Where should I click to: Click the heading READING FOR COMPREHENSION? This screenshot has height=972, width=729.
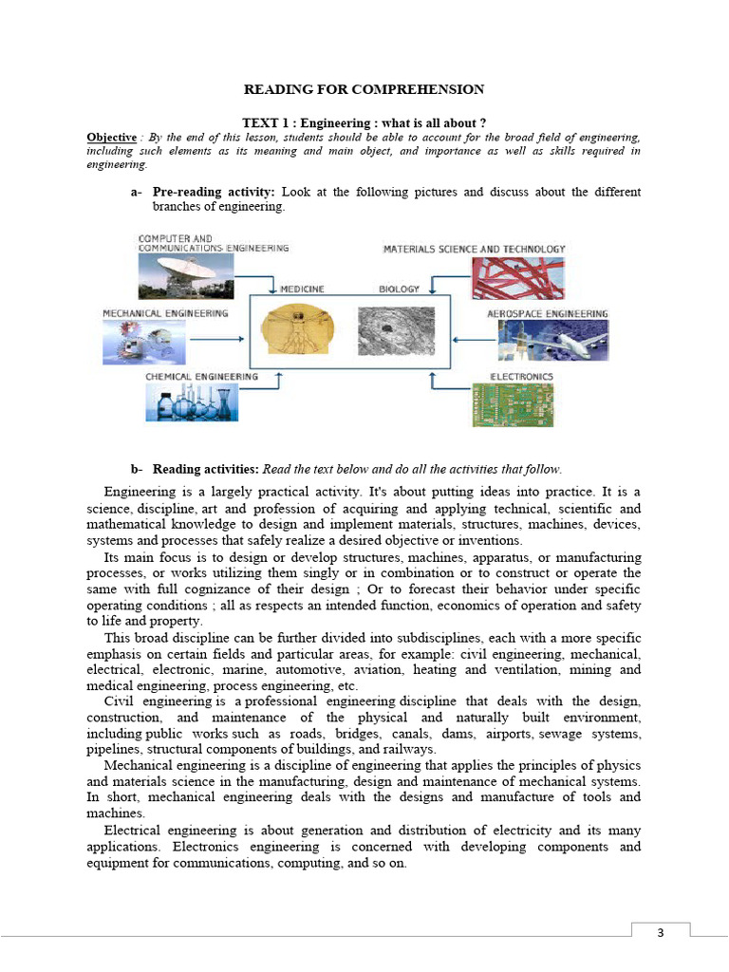(364, 89)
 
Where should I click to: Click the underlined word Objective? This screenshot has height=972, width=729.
(111, 137)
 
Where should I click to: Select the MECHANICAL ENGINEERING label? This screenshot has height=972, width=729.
(165, 313)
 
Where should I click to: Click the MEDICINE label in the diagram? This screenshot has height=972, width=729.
(302, 289)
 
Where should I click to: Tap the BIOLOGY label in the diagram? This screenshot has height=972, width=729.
(399, 289)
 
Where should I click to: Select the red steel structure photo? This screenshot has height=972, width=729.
(517, 277)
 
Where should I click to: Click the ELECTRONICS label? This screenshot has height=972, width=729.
(521, 377)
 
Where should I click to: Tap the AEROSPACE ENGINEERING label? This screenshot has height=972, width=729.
(547, 313)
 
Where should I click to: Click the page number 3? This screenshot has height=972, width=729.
(661, 933)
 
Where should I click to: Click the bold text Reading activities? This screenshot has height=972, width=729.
(205, 469)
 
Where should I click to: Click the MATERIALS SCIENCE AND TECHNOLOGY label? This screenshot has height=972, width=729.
(474, 249)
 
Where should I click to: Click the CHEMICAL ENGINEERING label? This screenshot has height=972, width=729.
(201, 377)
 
